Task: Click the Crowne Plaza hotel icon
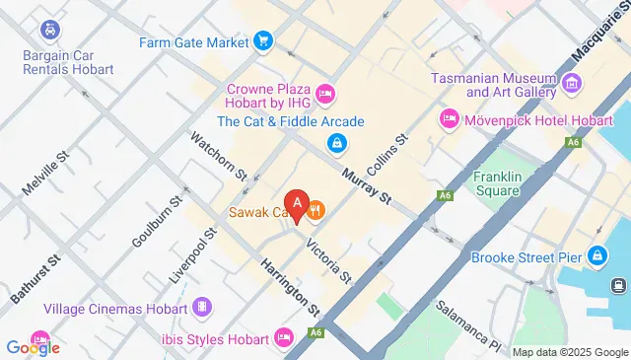click(x=326, y=94)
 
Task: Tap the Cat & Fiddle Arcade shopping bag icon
click(x=336, y=144)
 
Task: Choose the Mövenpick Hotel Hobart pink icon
click(x=450, y=119)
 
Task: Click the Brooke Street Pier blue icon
click(x=596, y=256)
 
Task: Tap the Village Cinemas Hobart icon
click(x=201, y=307)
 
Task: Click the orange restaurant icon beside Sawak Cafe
click(x=316, y=209)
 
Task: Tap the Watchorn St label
click(x=219, y=156)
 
